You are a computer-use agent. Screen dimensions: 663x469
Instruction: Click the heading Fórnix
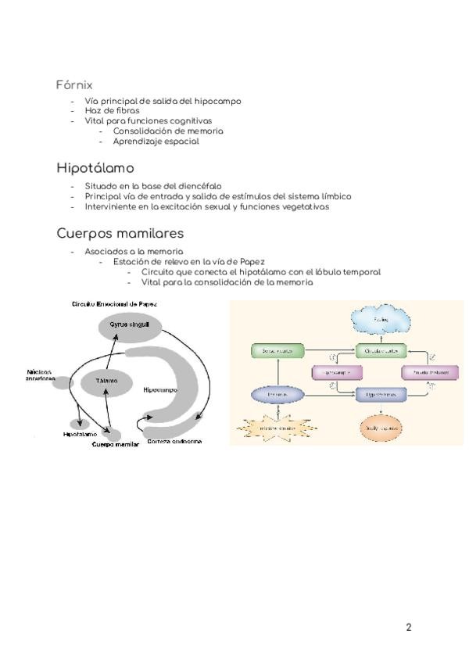(x=74, y=84)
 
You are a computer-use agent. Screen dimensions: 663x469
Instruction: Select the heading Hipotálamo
(x=95, y=168)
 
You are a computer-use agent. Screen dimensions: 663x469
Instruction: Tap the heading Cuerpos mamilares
(x=120, y=233)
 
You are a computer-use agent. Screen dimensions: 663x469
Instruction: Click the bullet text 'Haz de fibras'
(x=112, y=111)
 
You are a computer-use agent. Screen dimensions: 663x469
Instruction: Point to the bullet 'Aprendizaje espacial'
(x=156, y=142)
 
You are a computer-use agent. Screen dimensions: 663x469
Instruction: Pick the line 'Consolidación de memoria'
(x=167, y=131)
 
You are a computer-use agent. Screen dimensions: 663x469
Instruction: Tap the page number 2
(x=409, y=627)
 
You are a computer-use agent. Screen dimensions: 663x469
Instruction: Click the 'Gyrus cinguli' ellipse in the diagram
(x=130, y=325)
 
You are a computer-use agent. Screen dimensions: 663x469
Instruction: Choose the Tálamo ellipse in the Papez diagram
(x=107, y=381)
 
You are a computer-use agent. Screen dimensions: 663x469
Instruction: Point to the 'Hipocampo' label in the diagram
(x=161, y=389)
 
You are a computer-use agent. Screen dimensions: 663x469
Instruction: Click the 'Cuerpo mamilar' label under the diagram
(x=115, y=444)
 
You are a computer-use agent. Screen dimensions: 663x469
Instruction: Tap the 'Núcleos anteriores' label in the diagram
(x=40, y=375)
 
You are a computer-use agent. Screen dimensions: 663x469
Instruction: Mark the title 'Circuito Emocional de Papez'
(x=114, y=303)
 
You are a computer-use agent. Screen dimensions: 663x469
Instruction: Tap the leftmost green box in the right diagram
(x=275, y=352)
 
